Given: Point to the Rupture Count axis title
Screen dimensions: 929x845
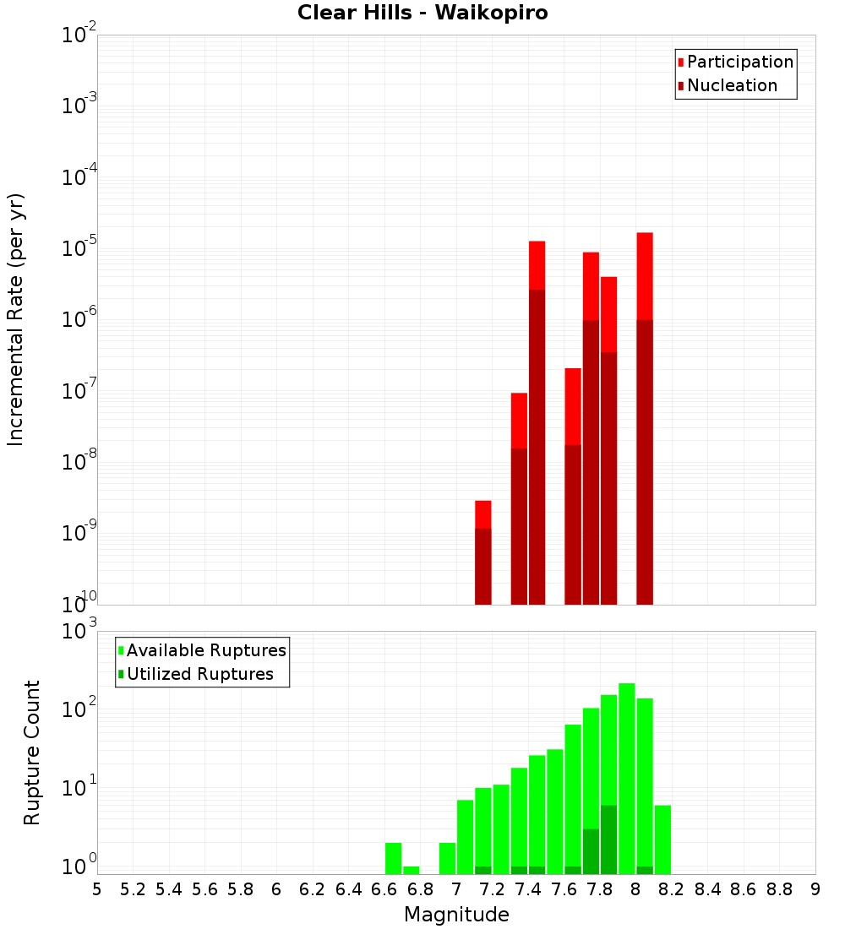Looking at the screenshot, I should (32, 752).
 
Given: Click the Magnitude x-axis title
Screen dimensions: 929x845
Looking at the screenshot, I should (456, 915).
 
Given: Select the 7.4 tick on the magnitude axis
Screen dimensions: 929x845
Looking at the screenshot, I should (528, 889).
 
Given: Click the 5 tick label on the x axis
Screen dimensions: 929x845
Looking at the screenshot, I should (97, 889).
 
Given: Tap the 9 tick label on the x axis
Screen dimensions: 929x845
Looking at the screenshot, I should (815, 889).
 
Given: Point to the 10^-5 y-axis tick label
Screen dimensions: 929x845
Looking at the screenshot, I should (79, 248).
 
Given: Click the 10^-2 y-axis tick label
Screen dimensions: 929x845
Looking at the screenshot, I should (79, 35).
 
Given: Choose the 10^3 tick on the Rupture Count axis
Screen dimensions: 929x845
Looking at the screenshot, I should (79, 632).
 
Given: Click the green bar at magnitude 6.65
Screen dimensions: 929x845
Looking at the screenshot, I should (393, 858).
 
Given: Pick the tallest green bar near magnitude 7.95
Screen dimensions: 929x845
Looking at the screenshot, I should (627, 777).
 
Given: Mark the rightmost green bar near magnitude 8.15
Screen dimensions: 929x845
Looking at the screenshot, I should (662, 839).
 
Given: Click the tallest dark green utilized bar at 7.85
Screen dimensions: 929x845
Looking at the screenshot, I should (609, 840).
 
